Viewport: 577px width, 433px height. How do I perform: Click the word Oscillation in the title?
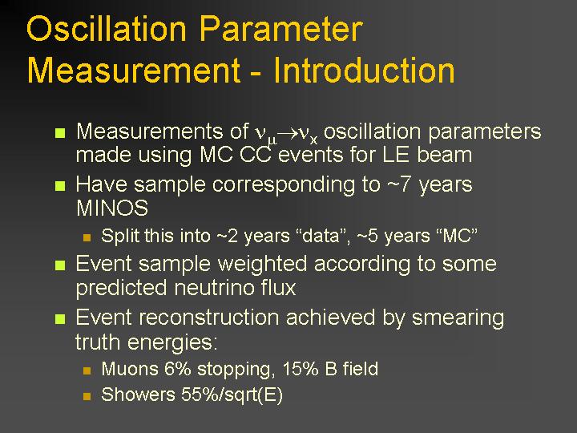107,29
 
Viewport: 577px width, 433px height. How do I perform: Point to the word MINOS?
112,208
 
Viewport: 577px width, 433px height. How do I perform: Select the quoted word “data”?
324,236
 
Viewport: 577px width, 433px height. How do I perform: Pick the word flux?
272,288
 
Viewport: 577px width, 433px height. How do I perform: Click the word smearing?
458,318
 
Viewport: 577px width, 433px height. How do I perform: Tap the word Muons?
130,369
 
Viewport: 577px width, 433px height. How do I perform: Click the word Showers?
138,395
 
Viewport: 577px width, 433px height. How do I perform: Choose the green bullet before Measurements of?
60,132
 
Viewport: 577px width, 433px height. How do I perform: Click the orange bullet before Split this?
87,237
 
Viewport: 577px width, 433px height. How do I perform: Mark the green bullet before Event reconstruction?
60,319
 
